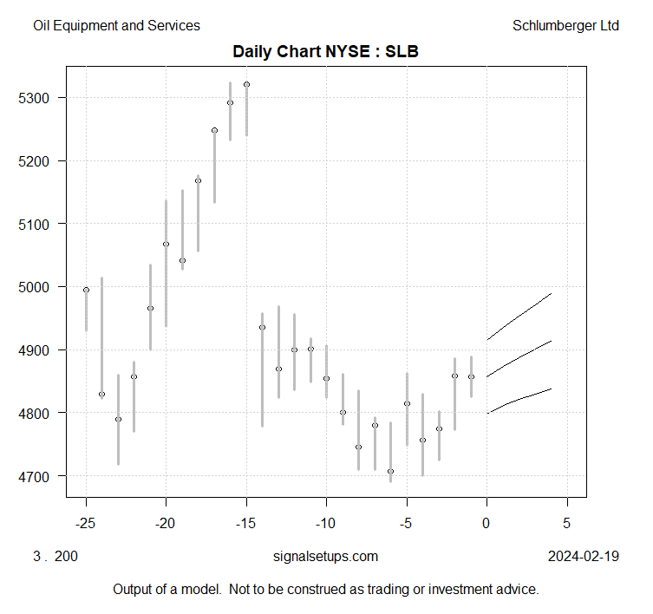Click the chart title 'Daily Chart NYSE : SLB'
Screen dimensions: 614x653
coord(326,52)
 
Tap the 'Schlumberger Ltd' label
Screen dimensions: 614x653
coord(566,26)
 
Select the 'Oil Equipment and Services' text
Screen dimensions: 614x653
coord(116,26)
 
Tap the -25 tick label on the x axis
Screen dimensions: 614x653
coord(86,523)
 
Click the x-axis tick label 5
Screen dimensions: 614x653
coord(567,523)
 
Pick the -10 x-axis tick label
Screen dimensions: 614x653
coord(326,523)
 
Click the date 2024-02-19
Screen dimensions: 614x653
coord(584,556)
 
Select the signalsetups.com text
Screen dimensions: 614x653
coord(325,556)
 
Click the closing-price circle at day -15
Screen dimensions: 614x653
coord(246,84)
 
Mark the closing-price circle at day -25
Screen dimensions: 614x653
coord(86,290)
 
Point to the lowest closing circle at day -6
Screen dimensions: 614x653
coord(391,471)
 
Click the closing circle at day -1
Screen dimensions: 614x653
coord(471,376)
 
